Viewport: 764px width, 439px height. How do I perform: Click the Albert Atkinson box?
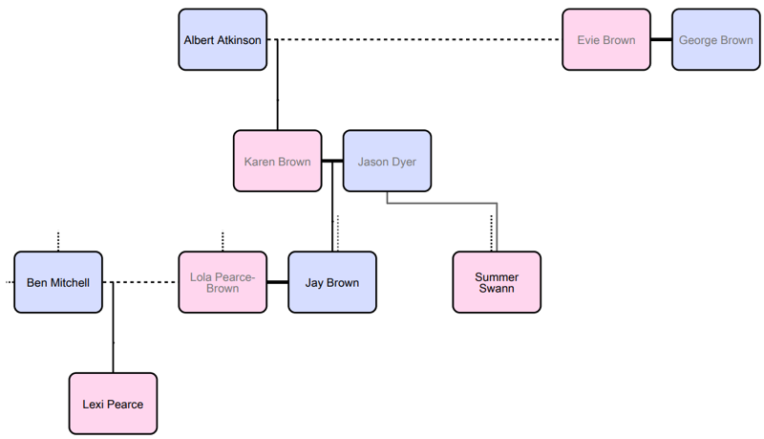pyautogui.click(x=223, y=40)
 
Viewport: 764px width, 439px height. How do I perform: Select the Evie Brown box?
pyautogui.click(x=605, y=40)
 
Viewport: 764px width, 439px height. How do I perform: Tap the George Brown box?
pyautogui.click(x=715, y=40)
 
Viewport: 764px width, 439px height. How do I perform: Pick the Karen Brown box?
pyautogui.click(x=277, y=162)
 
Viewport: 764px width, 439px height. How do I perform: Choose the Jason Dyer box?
pyautogui.click(x=387, y=162)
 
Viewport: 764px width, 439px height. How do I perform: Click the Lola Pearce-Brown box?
pyautogui.click(x=223, y=282)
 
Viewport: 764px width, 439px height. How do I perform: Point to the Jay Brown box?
pyautogui.click(x=332, y=282)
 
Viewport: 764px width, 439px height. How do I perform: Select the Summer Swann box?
pyautogui.click(x=497, y=282)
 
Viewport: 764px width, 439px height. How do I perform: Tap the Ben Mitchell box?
pyautogui.click(x=58, y=282)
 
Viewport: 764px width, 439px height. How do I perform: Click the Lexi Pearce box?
pyautogui.click(x=113, y=404)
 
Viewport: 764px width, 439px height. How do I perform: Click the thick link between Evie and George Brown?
pyautogui.click(x=661, y=40)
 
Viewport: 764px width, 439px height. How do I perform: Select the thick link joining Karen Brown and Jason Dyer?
pyautogui.click(x=332, y=162)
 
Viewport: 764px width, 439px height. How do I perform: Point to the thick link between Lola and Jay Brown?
pyautogui.click(x=277, y=282)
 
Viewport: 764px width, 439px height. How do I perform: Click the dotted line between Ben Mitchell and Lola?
pyautogui.click(x=143, y=282)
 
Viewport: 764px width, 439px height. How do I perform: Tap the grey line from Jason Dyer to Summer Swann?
pyautogui.click(x=449, y=203)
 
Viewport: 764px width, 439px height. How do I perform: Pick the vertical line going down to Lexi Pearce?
pyautogui.click(x=113, y=330)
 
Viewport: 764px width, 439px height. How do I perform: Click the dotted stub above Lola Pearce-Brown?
pyautogui.click(x=223, y=240)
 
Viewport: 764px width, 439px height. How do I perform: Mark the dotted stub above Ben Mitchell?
pyautogui.click(x=58, y=240)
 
